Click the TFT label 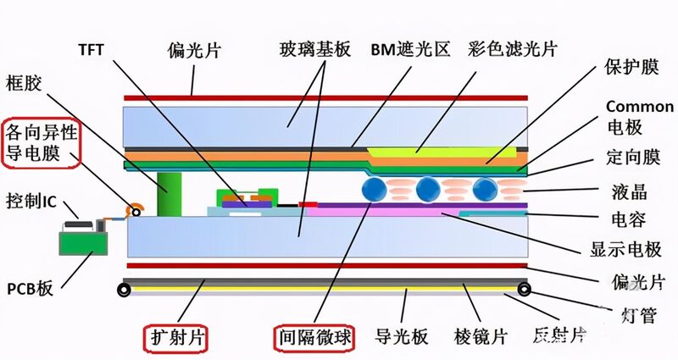[x=92, y=50]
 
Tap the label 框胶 [x=24, y=82]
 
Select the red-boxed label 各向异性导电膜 [x=41, y=142]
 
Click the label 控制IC [x=31, y=201]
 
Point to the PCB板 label [x=30, y=288]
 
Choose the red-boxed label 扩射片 [x=176, y=337]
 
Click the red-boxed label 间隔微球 [x=314, y=337]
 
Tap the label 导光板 [x=401, y=336]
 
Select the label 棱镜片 [x=481, y=336]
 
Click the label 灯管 [x=639, y=314]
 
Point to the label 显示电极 [x=625, y=249]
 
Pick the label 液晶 [x=630, y=191]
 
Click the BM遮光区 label [x=410, y=50]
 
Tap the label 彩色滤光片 [x=513, y=50]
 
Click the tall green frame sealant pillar [x=169, y=195]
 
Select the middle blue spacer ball [x=428, y=189]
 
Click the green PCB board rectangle [x=83, y=243]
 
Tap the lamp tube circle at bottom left [x=124, y=290]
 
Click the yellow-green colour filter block [x=442, y=152]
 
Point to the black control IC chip [x=78, y=224]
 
